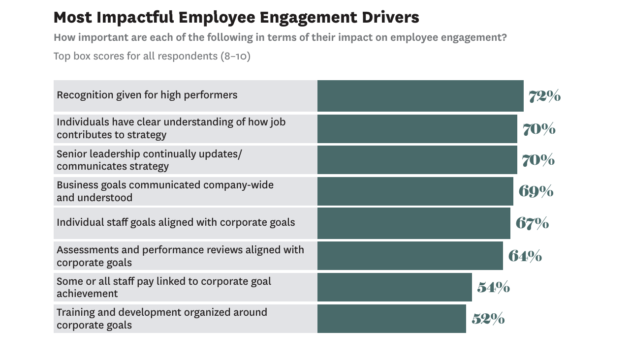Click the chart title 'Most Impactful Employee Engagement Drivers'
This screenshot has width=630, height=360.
click(x=236, y=17)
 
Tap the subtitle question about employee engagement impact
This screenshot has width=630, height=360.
click(x=280, y=38)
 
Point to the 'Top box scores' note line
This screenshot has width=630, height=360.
click(x=152, y=56)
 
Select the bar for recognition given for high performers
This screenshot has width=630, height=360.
click(x=420, y=96)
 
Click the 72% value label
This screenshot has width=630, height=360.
click(x=544, y=96)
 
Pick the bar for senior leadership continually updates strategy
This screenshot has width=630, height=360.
click(x=417, y=160)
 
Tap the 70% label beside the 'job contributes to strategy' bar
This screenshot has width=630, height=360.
click(x=538, y=129)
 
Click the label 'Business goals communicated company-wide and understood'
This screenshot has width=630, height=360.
click(x=165, y=191)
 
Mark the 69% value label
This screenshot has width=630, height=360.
click(x=535, y=191)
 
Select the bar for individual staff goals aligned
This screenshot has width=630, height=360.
click(x=413, y=223)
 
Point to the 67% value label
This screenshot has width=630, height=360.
click(x=532, y=223)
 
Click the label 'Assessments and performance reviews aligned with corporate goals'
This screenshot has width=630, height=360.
click(x=180, y=256)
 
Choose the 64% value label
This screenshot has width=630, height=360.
click(x=525, y=256)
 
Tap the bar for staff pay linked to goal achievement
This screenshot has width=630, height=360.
click(x=394, y=287)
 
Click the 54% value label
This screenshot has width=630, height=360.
click(x=493, y=288)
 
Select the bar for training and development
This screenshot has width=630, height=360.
click(x=391, y=319)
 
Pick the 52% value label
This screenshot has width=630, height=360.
click(x=488, y=319)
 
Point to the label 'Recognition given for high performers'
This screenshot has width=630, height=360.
click(x=147, y=95)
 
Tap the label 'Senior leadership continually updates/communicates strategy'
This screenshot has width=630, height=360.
click(x=149, y=160)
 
